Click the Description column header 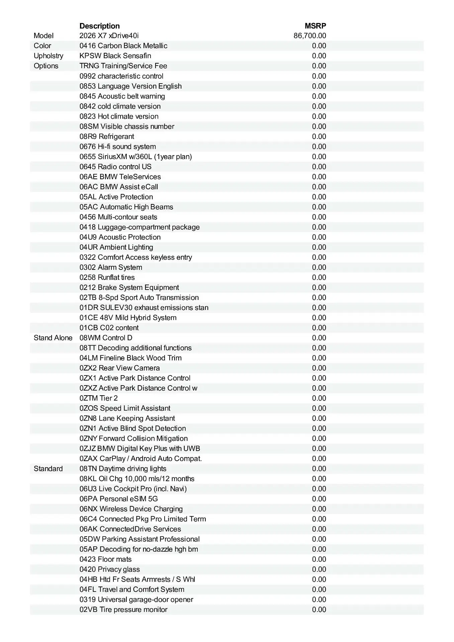click(99, 26)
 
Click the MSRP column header click(315, 26)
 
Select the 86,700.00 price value click(310, 36)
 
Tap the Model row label click(43, 36)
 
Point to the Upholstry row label click(49, 56)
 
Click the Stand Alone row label click(53, 338)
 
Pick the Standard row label click(48, 468)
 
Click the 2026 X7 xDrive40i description click(109, 36)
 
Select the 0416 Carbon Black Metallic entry click(123, 46)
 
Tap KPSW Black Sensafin click(115, 56)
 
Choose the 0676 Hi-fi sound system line click(118, 146)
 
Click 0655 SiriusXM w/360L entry click(136, 156)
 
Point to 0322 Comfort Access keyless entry click(136, 257)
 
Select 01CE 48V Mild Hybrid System click(128, 318)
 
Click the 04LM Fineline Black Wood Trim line click(130, 358)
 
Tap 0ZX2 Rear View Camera click(120, 368)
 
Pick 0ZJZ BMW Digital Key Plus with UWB click(140, 448)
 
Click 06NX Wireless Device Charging click(131, 509)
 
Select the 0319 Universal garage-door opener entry click(137, 600)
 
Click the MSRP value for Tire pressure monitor click(319, 610)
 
